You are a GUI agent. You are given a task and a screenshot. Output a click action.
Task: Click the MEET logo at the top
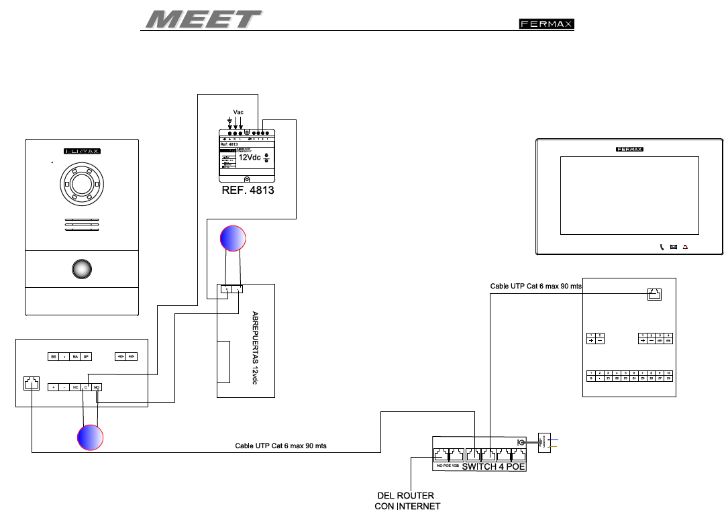[203, 19]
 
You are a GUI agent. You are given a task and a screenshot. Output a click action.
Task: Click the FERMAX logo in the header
[546, 24]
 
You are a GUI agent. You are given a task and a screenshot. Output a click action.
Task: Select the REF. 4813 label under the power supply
[248, 191]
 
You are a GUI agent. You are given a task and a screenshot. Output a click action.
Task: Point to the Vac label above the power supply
[238, 111]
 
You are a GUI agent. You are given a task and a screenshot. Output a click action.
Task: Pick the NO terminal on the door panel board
[97, 388]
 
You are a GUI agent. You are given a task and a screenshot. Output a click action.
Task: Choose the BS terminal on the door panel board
[53, 356]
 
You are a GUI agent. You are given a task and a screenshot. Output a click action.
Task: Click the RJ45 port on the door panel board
[31, 383]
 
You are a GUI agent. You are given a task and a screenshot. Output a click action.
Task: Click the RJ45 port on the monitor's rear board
[654, 294]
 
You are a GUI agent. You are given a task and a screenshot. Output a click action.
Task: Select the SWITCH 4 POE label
[493, 466]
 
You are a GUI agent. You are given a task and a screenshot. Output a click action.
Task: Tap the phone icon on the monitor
[662, 246]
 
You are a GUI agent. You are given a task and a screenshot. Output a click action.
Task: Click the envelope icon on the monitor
[673, 246]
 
